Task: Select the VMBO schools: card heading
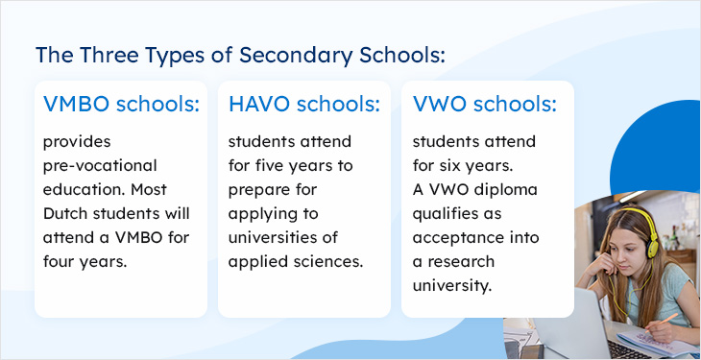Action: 121,104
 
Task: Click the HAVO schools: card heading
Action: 304,104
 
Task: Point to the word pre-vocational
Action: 99,165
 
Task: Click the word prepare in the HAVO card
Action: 257,189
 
